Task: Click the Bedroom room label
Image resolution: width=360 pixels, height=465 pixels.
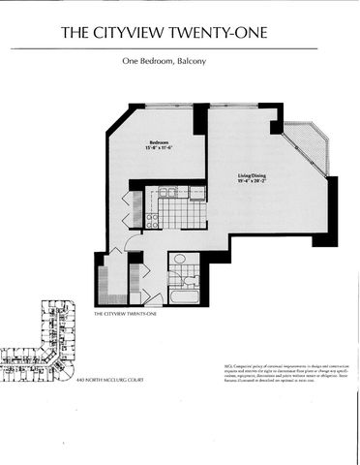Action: tap(160, 141)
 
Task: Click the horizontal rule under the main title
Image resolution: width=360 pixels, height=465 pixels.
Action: tap(180, 47)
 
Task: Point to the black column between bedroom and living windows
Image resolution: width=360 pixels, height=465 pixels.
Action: tap(200, 117)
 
